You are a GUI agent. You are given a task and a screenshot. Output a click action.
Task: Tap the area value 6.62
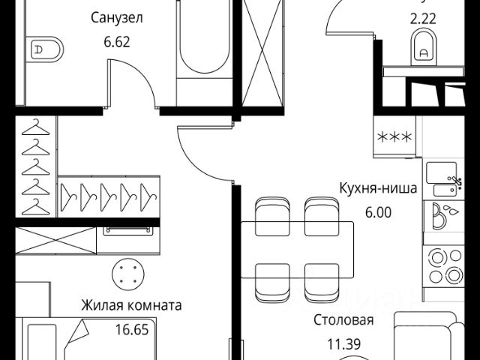(x=116, y=43)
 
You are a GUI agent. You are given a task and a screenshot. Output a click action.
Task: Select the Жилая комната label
(x=132, y=306)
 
